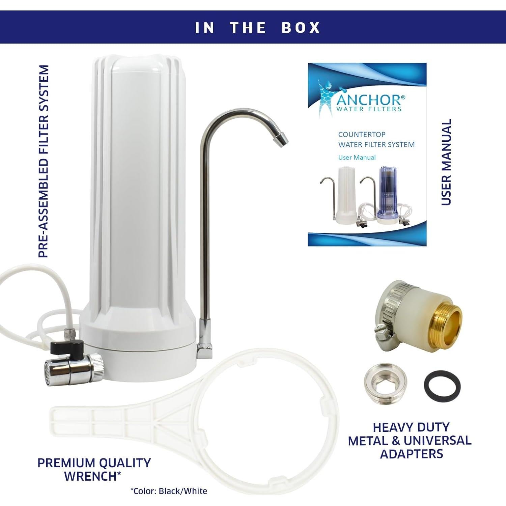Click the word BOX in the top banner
coord(301,28)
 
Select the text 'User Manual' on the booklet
coord(357,158)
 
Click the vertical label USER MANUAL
coord(446,162)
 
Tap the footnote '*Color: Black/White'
coord(169,491)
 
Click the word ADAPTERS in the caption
coord(412,454)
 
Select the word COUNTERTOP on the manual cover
coord(362,135)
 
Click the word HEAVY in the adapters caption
coord(391,427)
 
